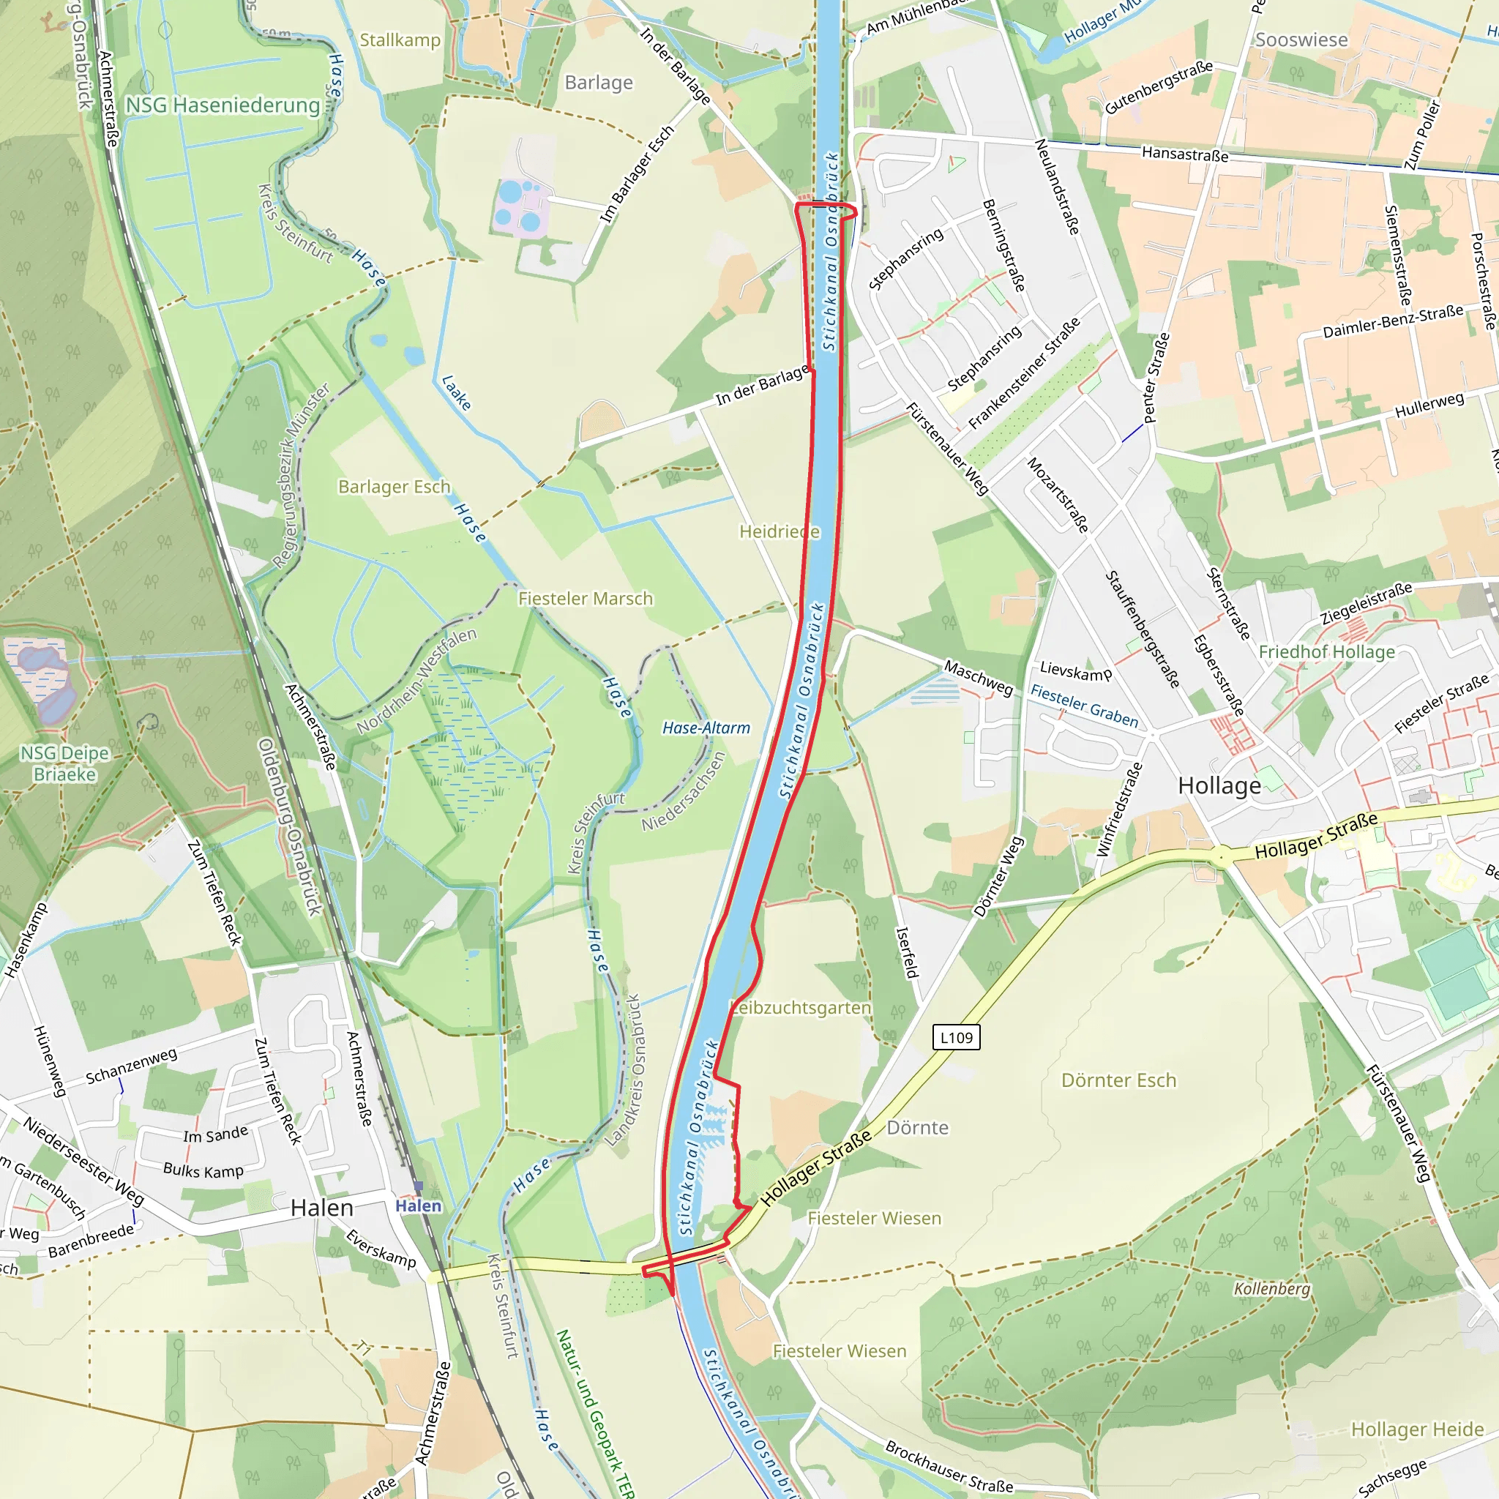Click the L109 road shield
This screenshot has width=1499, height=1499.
(956, 1037)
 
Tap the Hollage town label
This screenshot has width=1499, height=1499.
(1219, 786)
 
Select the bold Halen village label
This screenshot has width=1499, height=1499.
(322, 1207)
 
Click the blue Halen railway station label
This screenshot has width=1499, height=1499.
(418, 1205)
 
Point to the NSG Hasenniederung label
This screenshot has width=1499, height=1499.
(223, 105)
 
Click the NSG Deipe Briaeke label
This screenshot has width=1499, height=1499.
(64, 763)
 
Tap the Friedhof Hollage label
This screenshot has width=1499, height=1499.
(1326, 651)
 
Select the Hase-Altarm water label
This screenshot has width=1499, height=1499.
(706, 728)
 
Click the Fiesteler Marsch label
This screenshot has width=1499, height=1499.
(585, 598)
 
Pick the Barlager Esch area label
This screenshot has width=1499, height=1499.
(395, 487)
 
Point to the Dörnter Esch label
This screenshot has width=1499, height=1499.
(1118, 1080)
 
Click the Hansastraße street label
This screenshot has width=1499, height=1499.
(1185, 154)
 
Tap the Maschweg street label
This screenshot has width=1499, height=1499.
(979, 677)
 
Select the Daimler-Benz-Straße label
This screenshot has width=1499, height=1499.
(1393, 321)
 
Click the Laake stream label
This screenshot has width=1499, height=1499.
(456, 392)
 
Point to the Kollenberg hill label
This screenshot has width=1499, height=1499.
(1271, 1288)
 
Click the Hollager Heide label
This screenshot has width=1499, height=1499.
(1417, 1429)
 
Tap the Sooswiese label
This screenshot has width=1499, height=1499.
(1301, 40)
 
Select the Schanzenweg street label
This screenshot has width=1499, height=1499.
(131, 1066)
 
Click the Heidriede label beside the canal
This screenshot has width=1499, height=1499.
(779, 531)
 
